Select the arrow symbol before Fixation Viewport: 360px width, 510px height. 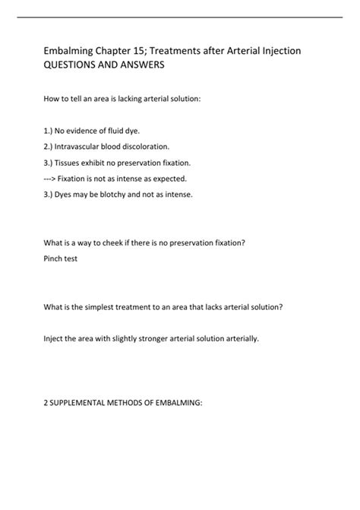[x=54, y=179]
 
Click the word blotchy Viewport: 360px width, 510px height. [x=119, y=195]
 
